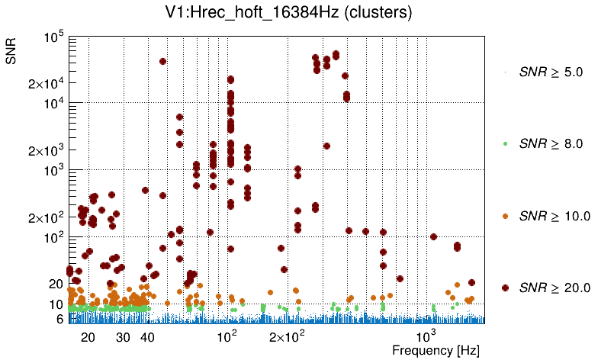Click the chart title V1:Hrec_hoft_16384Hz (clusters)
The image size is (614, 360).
click(x=306, y=13)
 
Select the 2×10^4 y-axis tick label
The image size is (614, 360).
click(x=48, y=83)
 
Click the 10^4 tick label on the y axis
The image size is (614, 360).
click(x=54, y=104)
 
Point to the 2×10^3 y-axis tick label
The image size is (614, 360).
click(x=48, y=150)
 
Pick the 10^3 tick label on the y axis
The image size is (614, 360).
click(x=54, y=171)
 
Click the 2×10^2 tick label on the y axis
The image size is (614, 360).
click(x=48, y=217)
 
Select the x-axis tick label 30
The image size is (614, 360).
click(x=124, y=337)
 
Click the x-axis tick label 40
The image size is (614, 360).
click(x=148, y=337)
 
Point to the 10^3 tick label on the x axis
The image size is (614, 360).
click(x=426, y=336)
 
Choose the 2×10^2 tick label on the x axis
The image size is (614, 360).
click(x=286, y=336)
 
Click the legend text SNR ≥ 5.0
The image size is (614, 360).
click(x=551, y=72)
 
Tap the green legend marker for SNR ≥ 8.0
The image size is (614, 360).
click(x=506, y=143)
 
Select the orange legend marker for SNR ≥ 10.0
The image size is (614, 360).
click(x=506, y=216)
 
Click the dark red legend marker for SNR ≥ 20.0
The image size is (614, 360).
click(x=506, y=288)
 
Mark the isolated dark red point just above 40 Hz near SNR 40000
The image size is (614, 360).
click(x=162, y=61)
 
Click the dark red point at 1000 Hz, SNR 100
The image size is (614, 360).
click(x=433, y=236)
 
